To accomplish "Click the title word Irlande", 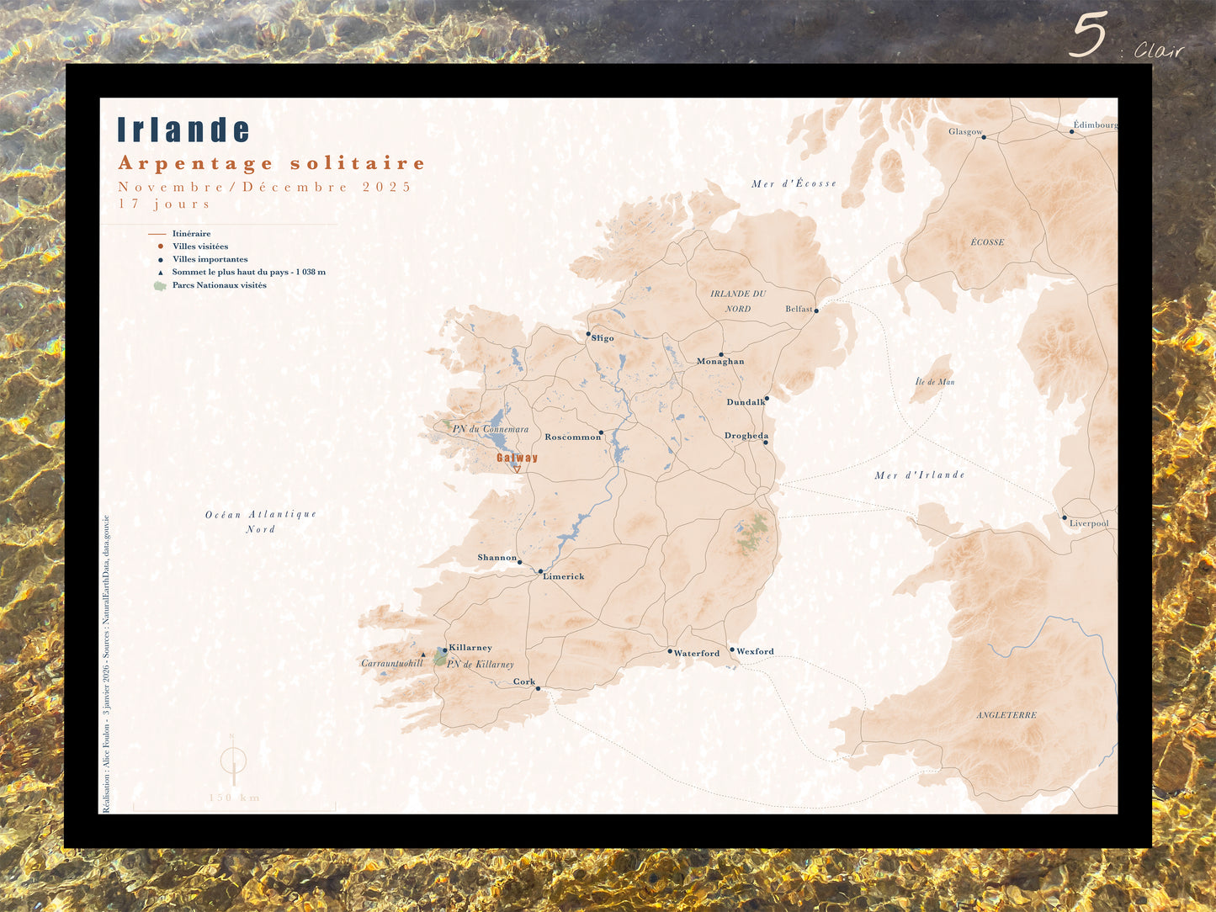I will pyautogui.click(x=183, y=130).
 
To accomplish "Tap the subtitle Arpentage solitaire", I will pyautogui.click(x=272, y=163).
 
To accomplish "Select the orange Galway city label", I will pyautogui.click(x=517, y=458).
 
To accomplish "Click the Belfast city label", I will pyautogui.click(x=799, y=309).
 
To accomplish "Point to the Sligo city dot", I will pyautogui.click(x=588, y=334).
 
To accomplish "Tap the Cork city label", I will pyautogui.click(x=524, y=682).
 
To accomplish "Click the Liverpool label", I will pyautogui.click(x=1089, y=523).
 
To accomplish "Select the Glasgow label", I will pyautogui.click(x=965, y=131).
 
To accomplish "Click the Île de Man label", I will pyautogui.click(x=935, y=382).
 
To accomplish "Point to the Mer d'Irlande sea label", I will pyautogui.click(x=919, y=475).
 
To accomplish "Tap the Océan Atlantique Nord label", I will pyautogui.click(x=261, y=522).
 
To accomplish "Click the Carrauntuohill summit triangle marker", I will pyautogui.click(x=422, y=654).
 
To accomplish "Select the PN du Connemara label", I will pyautogui.click(x=491, y=429).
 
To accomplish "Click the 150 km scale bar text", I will pyautogui.click(x=235, y=798).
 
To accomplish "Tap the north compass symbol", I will pyautogui.click(x=233, y=761).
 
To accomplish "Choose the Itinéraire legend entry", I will pyautogui.click(x=191, y=234).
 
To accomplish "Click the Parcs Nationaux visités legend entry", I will pyautogui.click(x=219, y=285).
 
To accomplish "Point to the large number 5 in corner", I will pyautogui.click(x=1088, y=35).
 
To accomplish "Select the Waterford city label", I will pyautogui.click(x=697, y=654).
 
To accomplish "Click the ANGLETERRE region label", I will pyautogui.click(x=1006, y=715).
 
